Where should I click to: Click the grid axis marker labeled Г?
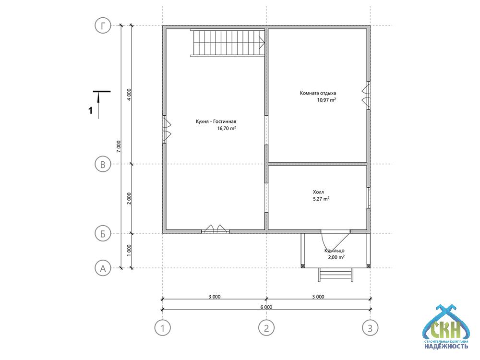(103, 25)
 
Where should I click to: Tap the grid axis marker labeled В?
(103, 164)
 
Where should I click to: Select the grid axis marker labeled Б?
(103, 234)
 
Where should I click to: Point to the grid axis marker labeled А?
(103, 268)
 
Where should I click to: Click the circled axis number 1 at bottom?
(163, 328)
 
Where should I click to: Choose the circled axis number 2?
(266, 328)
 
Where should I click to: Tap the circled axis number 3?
(370, 328)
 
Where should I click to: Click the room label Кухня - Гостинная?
(216, 121)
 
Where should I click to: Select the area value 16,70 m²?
(227, 128)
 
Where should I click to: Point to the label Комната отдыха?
(318, 93)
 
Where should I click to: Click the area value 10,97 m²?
(326, 100)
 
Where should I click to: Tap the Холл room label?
(318, 192)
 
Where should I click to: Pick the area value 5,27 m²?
(321, 199)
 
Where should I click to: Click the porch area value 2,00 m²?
(336, 257)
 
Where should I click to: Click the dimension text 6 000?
(266, 307)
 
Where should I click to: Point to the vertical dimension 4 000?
(129, 95)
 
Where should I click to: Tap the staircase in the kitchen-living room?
(228, 43)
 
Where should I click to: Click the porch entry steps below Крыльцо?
(336, 275)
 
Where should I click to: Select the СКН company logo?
(446, 327)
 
